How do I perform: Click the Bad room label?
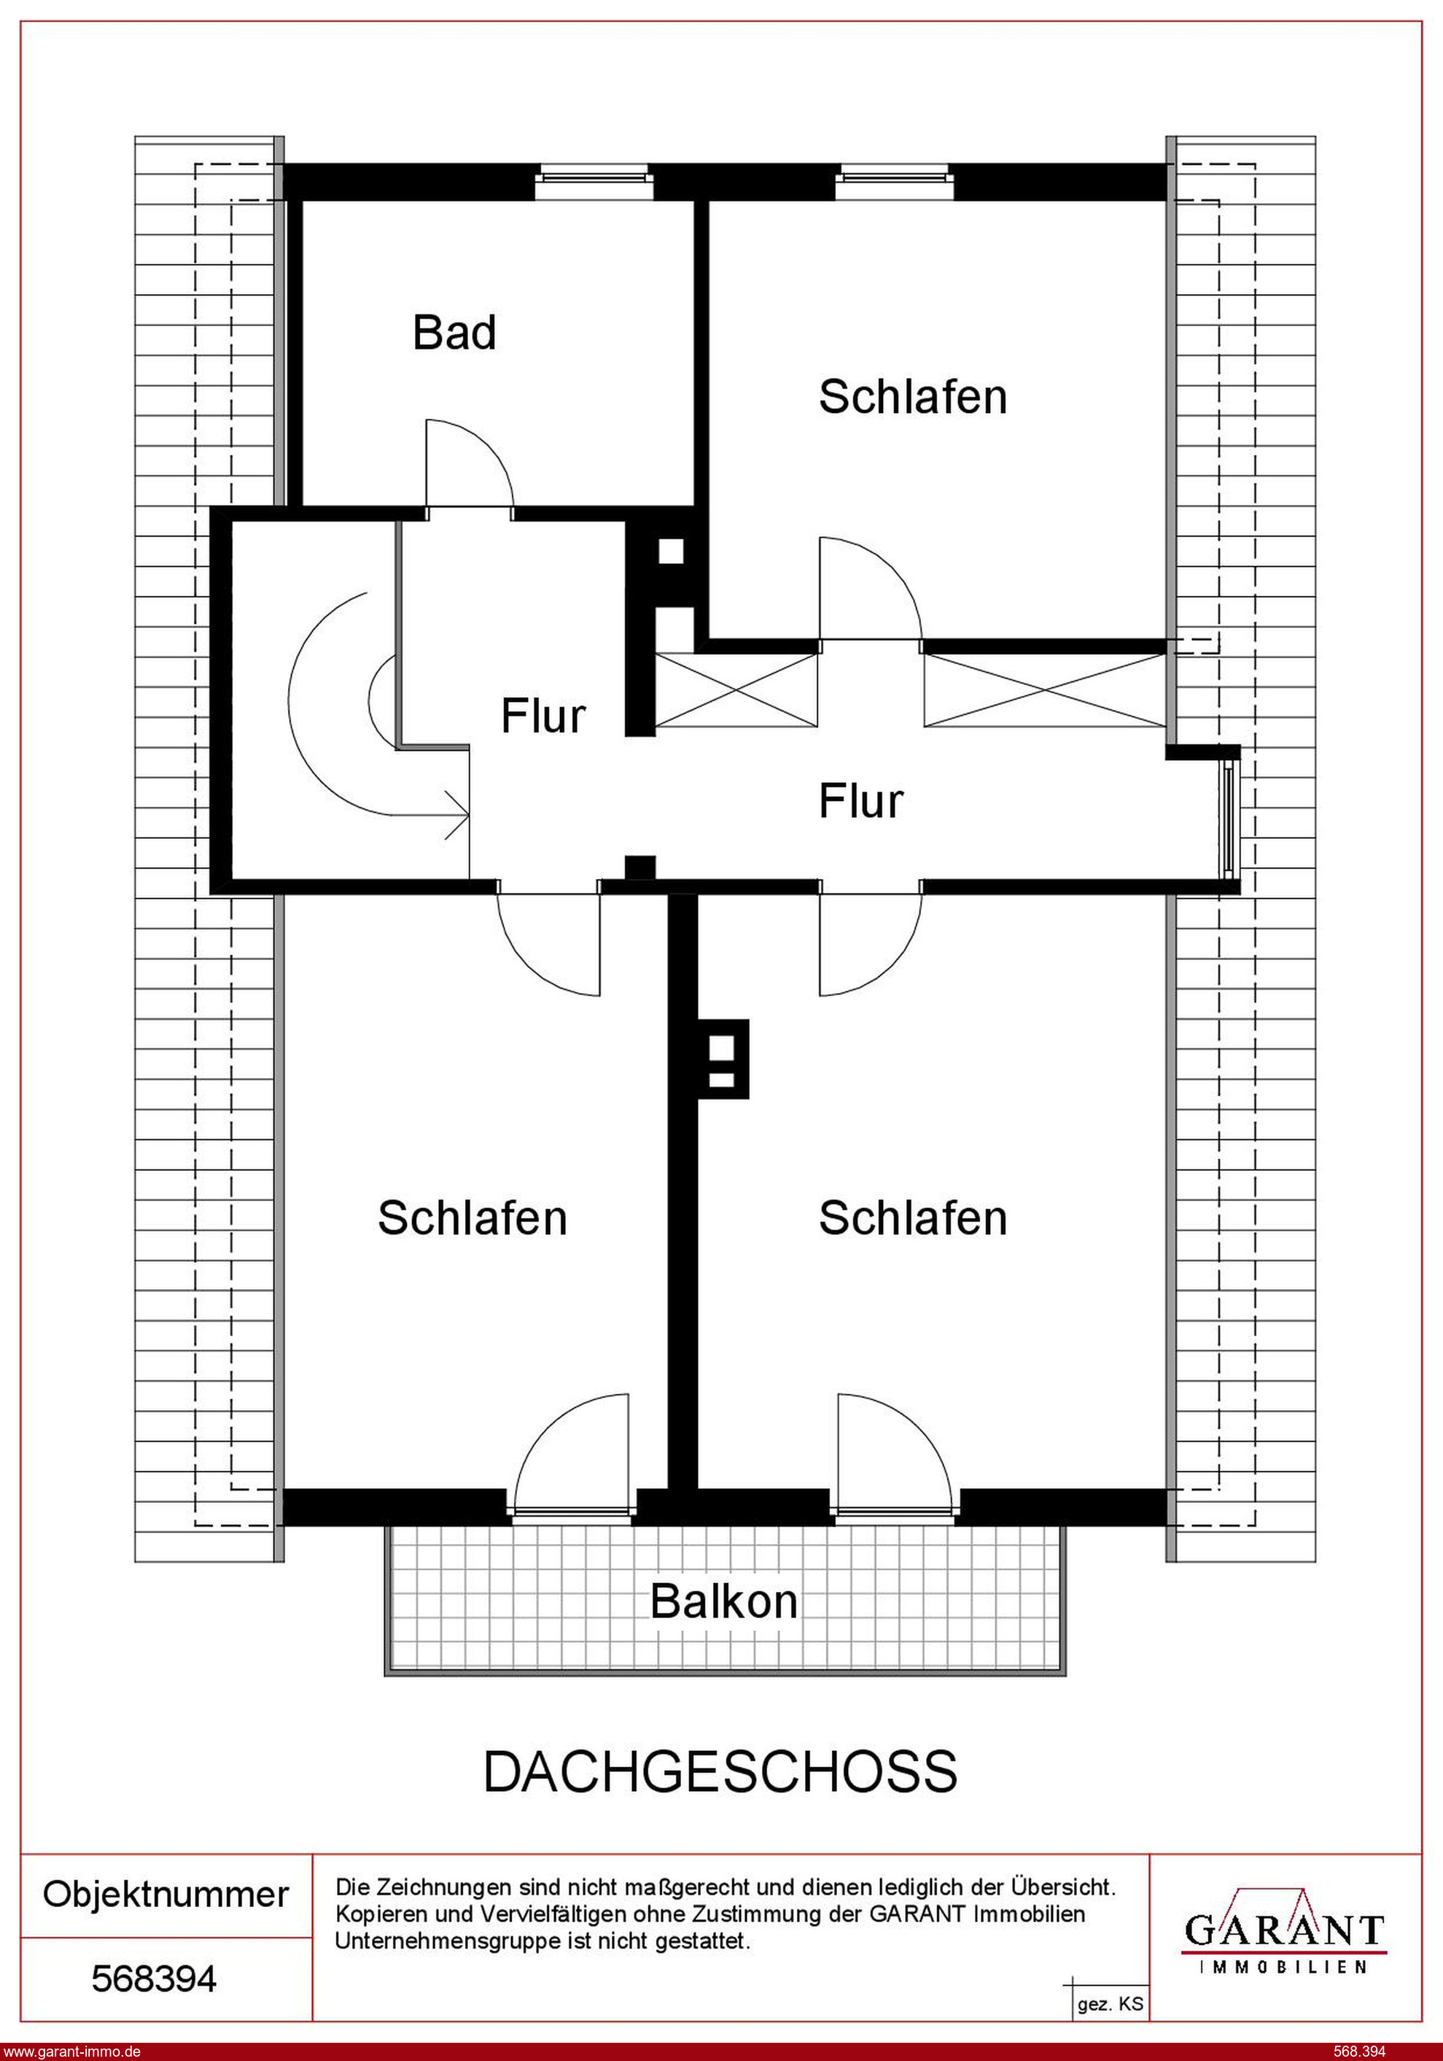454,332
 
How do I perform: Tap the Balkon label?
724,1601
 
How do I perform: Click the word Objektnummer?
166,1894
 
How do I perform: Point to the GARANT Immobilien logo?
1285,1928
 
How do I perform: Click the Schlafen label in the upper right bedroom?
913,397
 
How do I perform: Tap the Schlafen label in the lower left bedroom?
472,1218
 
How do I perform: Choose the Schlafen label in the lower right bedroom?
913,1218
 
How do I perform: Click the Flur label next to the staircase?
543,716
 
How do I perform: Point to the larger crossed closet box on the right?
1046,690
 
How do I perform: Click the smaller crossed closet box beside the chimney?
736,690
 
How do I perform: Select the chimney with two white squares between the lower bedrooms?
723,1059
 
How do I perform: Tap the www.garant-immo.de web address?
71,2051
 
